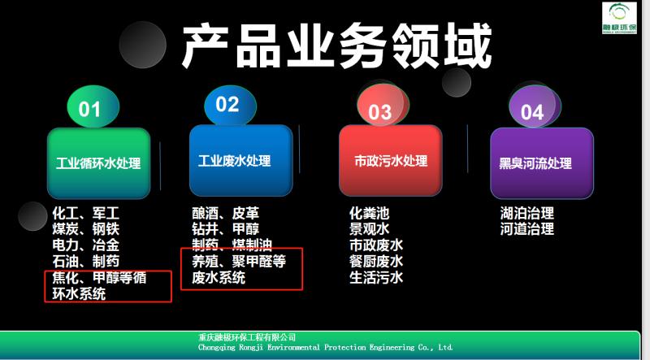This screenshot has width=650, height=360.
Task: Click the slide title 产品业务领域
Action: [x=336, y=46]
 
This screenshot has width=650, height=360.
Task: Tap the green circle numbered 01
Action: [x=93, y=106]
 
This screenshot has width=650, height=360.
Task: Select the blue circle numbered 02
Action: [x=230, y=105]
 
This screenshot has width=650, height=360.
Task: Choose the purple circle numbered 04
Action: [x=535, y=107]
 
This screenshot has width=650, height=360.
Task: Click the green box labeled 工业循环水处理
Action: [x=98, y=163]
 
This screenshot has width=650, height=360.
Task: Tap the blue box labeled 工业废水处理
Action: [x=240, y=161]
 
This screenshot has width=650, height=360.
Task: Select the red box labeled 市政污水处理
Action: [x=391, y=161]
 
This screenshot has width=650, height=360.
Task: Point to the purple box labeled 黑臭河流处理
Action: [x=542, y=163]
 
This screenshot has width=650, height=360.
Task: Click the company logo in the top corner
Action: [x=619, y=17]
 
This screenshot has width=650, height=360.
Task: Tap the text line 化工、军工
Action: [x=86, y=214]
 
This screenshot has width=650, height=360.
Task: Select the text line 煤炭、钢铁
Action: [x=86, y=229]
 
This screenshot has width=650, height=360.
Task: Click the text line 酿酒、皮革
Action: [x=226, y=213]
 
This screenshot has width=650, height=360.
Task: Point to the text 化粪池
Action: [x=370, y=213]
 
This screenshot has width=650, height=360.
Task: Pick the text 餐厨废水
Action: [x=376, y=262]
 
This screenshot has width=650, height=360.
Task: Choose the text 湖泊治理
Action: [x=526, y=213]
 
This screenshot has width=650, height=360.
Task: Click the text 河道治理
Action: [x=526, y=229]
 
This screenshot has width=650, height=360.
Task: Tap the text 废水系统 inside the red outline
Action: [x=219, y=277]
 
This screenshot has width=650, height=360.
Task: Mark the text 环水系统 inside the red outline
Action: [x=79, y=293]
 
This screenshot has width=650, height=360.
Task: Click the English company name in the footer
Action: [x=326, y=348]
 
